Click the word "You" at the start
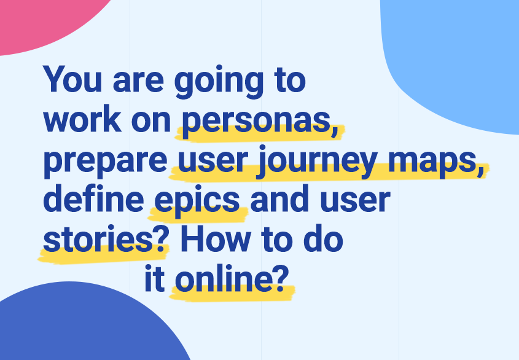coord(72,79)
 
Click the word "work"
coord(82,119)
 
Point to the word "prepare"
coord(105,162)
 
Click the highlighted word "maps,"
coord(436,162)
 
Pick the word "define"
coord(93,198)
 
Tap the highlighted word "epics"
coord(197,202)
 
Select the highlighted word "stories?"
coord(104,238)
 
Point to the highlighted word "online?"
coord(230,278)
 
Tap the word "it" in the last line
coord(155,278)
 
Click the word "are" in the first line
coord(138,82)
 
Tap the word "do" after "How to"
coord(323,238)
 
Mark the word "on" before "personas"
coord(151,122)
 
